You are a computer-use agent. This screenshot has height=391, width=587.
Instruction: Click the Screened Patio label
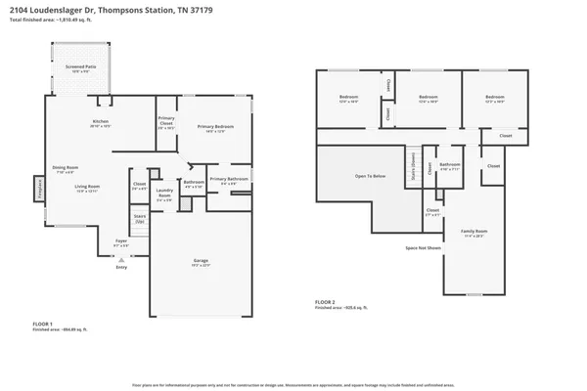click(79, 68)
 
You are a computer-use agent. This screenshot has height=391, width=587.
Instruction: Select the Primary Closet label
click(166, 123)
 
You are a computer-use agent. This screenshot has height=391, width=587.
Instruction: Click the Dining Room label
click(66, 168)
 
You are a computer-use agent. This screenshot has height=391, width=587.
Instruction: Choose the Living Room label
click(89, 188)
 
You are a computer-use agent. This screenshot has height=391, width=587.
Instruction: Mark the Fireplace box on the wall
click(39, 188)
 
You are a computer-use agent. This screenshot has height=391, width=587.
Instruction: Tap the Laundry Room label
click(164, 195)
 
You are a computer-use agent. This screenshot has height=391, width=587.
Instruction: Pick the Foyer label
click(121, 241)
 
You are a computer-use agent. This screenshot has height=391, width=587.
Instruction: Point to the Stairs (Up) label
click(139, 220)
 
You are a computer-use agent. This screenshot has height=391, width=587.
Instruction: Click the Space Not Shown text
click(424, 248)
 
